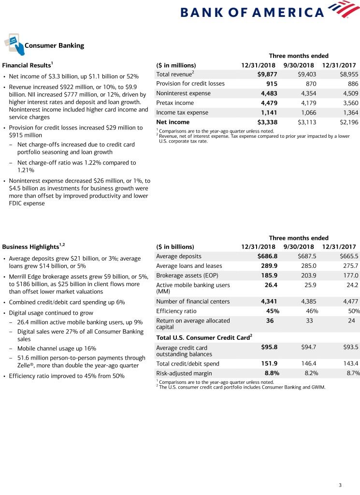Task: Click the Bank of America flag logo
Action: [x=344, y=10]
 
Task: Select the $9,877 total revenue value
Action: [x=267, y=74]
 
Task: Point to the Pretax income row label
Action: [x=175, y=103]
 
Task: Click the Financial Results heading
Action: [x=27, y=65]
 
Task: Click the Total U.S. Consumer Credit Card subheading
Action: [x=204, y=337]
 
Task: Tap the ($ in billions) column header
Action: [x=175, y=247]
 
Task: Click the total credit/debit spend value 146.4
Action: [x=307, y=364]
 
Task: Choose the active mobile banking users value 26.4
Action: [x=270, y=285]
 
